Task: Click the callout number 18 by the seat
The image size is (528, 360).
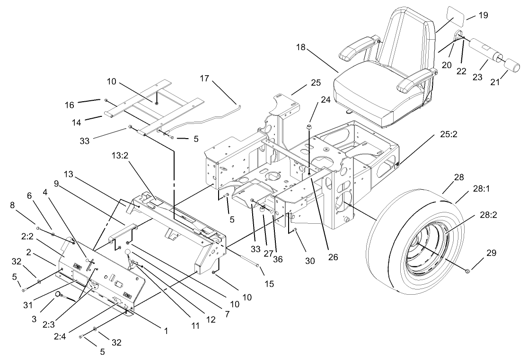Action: [301, 47]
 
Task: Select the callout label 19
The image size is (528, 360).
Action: [483, 15]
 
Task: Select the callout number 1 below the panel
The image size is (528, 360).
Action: [166, 332]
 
